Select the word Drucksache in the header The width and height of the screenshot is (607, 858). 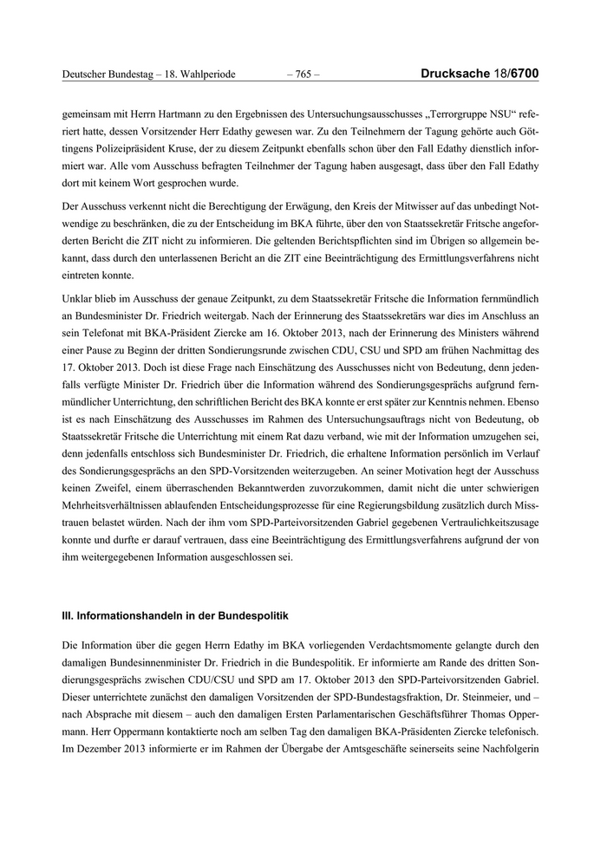coord(451,75)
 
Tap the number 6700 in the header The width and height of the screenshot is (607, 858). coord(525,75)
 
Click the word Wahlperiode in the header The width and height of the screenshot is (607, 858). coord(206,75)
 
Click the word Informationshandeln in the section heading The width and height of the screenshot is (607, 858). coord(131,614)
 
